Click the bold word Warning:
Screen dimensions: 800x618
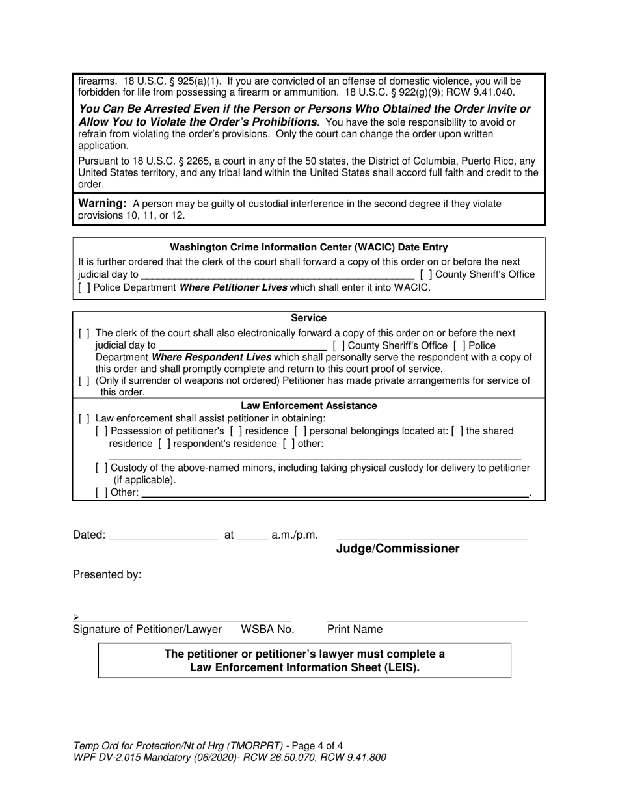(101, 204)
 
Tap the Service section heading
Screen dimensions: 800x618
(308, 318)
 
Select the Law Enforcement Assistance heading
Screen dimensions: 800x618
(308, 406)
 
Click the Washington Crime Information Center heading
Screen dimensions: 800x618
(308, 247)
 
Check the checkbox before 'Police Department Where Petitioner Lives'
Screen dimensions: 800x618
(84, 287)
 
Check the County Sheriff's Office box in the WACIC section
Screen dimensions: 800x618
(426, 274)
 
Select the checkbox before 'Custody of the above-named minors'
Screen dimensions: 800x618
(101, 468)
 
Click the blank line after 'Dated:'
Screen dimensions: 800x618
(163, 535)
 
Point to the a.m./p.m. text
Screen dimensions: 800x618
(295, 535)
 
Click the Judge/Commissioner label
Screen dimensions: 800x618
(397, 549)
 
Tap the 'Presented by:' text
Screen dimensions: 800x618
(107, 575)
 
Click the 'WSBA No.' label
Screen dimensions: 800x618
(267, 630)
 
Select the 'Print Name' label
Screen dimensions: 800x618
(355, 630)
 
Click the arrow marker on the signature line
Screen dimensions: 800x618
(76, 617)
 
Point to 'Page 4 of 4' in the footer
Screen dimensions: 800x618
(317, 745)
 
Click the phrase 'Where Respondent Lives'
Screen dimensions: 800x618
(206, 358)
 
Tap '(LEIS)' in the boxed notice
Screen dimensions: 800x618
(402, 667)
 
